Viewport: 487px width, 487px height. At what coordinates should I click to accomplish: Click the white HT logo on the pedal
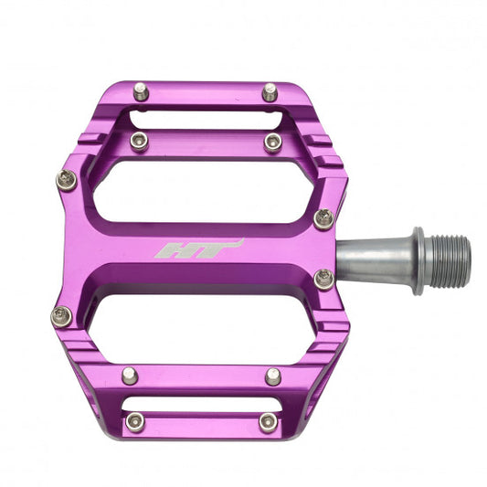pos(199,249)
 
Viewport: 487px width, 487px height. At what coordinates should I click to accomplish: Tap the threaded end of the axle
pos(450,259)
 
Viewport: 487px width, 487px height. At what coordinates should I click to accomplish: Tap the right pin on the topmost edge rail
pos(270,91)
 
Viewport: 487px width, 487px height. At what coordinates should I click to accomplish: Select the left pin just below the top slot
pos(139,141)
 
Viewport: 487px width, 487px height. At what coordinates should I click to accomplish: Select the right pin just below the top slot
pos(272,141)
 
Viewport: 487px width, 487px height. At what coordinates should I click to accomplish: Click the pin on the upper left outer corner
pos(66,180)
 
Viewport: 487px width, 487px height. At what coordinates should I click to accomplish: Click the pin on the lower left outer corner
pos(61,316)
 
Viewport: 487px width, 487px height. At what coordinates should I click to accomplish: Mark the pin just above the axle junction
pos(323,217)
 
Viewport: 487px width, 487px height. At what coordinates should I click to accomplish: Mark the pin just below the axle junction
pos(323,279)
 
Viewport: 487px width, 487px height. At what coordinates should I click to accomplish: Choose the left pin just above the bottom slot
pos(130,376)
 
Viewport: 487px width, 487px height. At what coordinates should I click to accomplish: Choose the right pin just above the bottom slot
pos(273,376)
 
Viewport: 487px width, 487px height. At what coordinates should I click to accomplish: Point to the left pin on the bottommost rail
pos(135,421)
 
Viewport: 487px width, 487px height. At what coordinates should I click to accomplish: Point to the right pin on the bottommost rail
pos(267,421)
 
